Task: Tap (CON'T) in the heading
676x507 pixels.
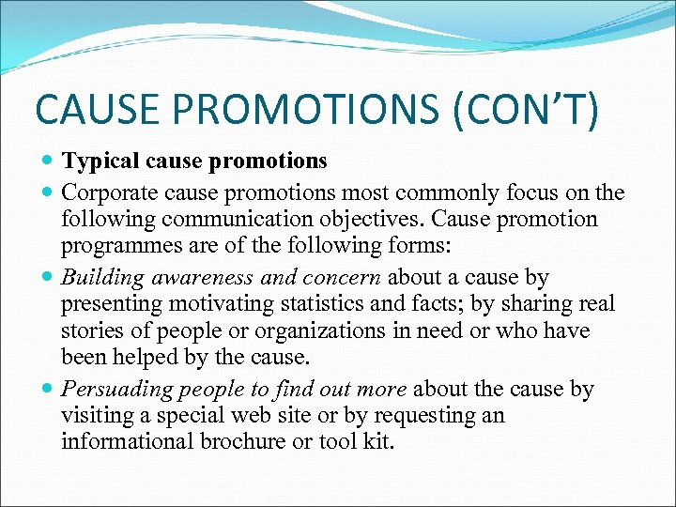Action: [x=526, y=108]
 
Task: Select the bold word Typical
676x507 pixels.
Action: [x=100, y=161]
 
